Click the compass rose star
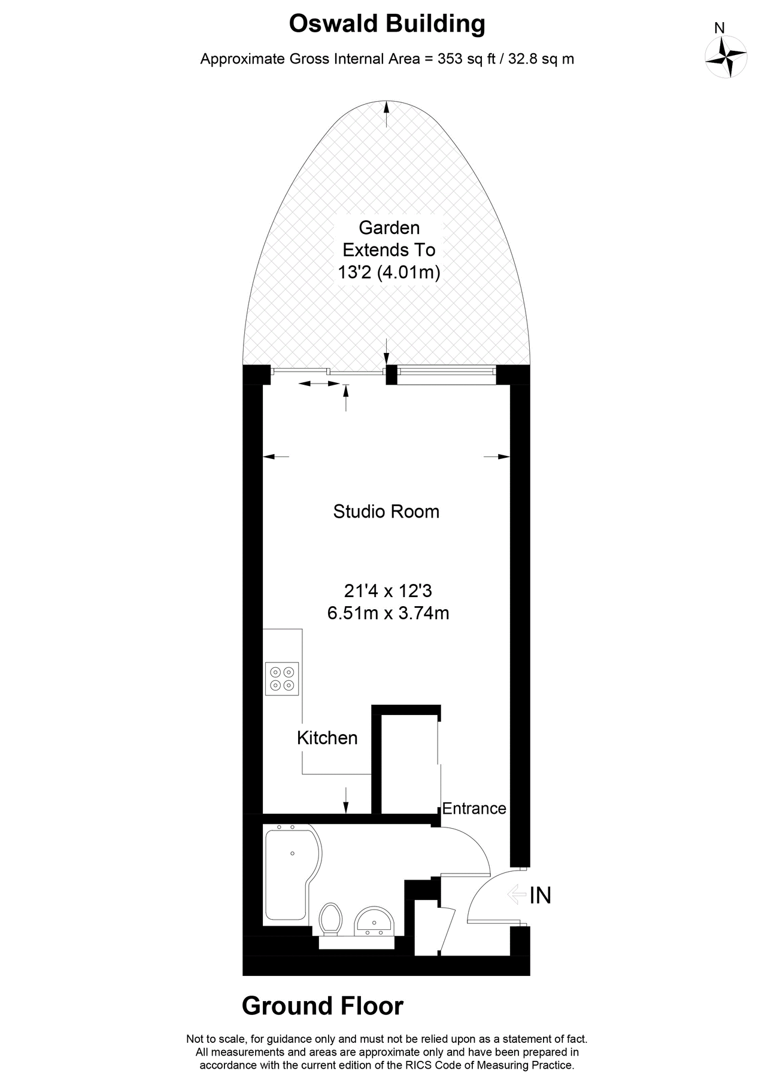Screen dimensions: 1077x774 click(726, 57)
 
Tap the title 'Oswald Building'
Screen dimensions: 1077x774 click(387, 25)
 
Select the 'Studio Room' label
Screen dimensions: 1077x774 click(386, 512)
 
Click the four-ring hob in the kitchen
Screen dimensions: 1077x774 click(282, 679)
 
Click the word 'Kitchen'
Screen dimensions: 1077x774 click(327, 738)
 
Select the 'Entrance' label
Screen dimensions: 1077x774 click(474, 808)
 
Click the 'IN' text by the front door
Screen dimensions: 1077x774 click(540, 895)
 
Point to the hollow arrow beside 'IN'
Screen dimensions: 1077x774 click(515, 895)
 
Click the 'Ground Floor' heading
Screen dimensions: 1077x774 click(323, 1006)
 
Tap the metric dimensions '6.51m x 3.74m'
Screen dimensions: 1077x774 click(388, 613)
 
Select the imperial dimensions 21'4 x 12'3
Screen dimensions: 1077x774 click(388, 591)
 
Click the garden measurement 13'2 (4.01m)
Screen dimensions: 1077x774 click(389, 273)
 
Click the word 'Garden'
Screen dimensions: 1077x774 click(389, 227)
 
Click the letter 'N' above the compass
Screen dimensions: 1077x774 click(720, 28)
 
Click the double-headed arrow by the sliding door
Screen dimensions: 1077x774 click(319, 383)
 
